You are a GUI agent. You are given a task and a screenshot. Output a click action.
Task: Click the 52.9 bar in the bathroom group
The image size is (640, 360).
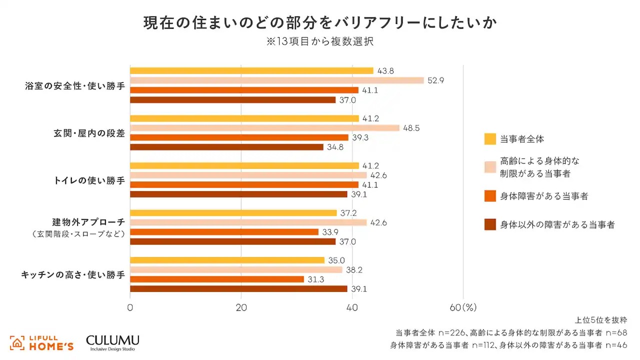coord(276,80)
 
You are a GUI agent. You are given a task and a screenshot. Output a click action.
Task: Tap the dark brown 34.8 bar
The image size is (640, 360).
coord(226,147)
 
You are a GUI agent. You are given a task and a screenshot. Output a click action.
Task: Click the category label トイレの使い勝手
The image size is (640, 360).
coord(89,180)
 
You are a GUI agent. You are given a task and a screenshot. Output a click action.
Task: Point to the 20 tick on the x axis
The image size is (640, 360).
coord(241,308)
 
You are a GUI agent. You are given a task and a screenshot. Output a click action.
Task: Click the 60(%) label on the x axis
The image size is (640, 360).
coord(463,308)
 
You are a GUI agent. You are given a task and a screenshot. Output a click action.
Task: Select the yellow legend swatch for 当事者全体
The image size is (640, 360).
coord(490,139)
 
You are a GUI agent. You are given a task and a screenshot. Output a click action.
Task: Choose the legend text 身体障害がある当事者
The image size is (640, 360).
coord(544,196)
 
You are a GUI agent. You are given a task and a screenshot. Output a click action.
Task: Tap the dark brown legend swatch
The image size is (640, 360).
coord(490,225)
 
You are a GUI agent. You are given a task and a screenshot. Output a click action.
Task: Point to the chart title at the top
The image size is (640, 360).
coord(319,23)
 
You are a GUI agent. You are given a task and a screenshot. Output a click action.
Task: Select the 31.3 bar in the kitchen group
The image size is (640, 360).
coord(217,279)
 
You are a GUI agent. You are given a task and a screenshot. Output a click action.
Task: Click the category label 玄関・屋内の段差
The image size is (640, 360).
coord(89,133)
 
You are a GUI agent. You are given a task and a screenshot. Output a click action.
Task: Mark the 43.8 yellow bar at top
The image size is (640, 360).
coord(251,71)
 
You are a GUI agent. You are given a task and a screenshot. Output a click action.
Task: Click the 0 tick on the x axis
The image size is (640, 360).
coord(130,308)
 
